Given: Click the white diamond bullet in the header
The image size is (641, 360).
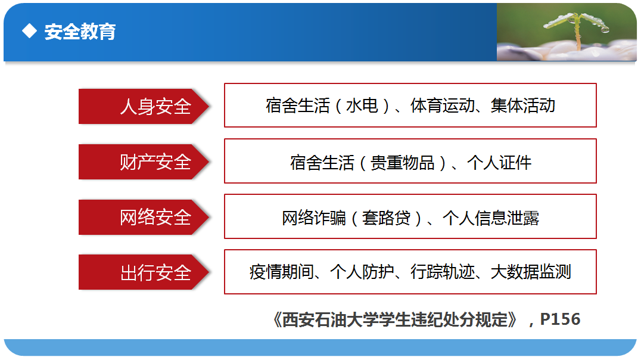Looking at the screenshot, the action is (x=29, y=30).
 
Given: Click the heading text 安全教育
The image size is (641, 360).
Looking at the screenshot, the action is (x=80, y=32).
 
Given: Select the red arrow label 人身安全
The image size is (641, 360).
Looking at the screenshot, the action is (x=144, y=106).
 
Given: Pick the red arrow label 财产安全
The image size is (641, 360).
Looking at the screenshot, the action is (x=144, y=162).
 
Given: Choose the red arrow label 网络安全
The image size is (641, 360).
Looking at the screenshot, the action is (x=144, y=217).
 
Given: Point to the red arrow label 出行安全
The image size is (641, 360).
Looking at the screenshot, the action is (x=144, y=272).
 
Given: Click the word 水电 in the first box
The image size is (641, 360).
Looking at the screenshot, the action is (x=362, y=105).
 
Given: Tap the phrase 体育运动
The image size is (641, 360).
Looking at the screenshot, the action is (x=442, y=105).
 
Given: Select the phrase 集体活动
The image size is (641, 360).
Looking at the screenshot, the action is (x=523, y=105).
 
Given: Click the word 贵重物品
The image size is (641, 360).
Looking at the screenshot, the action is (x=402, y=162).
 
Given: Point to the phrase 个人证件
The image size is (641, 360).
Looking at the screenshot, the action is (x=499, y=162).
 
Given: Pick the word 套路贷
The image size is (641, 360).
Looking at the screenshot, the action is (x=386, y=218).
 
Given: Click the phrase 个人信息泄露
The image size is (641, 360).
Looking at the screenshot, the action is (x=491, y=218).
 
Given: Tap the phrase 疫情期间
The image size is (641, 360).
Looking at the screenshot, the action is (x=282, y=272).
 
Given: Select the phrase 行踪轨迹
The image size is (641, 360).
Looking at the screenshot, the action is (x=443, y=272).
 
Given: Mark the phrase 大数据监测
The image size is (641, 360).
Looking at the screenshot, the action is (x=531, y=272).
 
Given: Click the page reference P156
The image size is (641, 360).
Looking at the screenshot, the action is (x=560, y=319).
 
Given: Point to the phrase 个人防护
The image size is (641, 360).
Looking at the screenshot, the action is (x=362, y=272).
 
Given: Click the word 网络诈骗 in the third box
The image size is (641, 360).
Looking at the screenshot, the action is (x=314, y=218).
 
